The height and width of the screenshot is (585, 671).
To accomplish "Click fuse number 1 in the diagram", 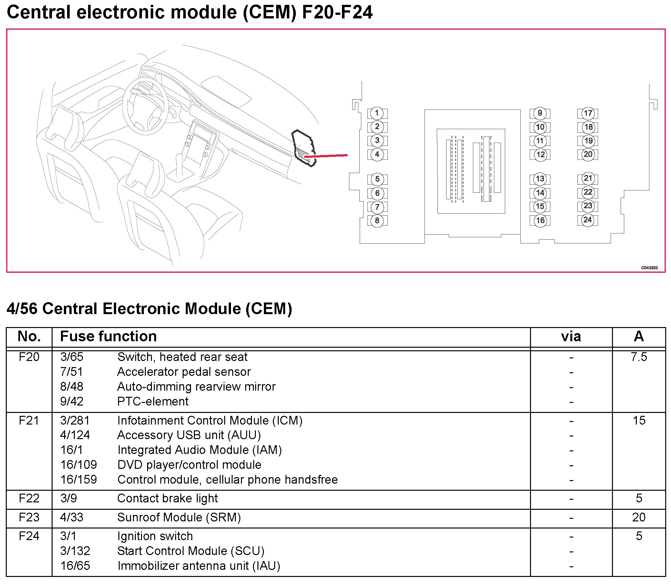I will (377, 113).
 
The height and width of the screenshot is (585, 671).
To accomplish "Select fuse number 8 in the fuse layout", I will (377, 221).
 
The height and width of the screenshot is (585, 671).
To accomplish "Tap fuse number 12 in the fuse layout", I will (540, 154).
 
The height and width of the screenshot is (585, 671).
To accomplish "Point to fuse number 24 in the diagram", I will (587, 220).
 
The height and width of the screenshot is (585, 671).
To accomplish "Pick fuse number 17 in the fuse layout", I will (588, 113).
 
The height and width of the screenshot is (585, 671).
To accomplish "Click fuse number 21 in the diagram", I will (588, 178).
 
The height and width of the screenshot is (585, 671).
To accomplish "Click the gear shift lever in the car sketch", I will (179, 163).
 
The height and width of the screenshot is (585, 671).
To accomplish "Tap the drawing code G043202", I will (649, 268).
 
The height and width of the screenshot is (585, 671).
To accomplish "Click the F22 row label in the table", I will (29, 498).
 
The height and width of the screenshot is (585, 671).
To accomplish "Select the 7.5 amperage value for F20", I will (639, 357).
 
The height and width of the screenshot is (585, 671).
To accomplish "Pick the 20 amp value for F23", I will (639, 517).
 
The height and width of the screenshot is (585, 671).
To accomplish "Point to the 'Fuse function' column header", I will (108, 336).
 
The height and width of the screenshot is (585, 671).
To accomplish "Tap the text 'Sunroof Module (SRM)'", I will (179, 517).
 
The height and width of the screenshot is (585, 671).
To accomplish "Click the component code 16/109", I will (78, 465).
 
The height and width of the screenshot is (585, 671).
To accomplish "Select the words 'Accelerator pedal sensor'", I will (184, 372).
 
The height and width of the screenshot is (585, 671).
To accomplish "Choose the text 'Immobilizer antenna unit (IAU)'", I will (199, 566).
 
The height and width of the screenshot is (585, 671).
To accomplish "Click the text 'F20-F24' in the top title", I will (337, 12).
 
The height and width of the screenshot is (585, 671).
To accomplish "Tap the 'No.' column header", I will (29, 336).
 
